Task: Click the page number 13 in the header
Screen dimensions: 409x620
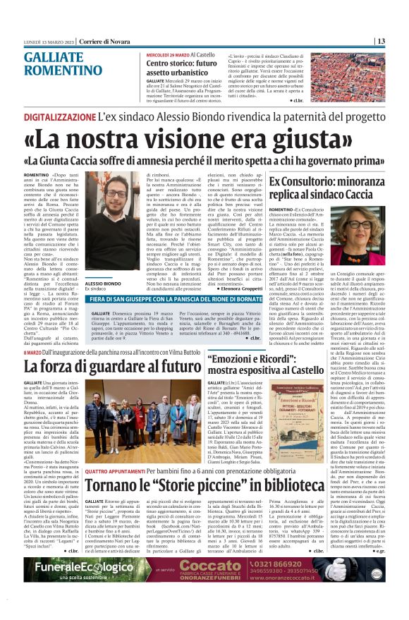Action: pos(400,40)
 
